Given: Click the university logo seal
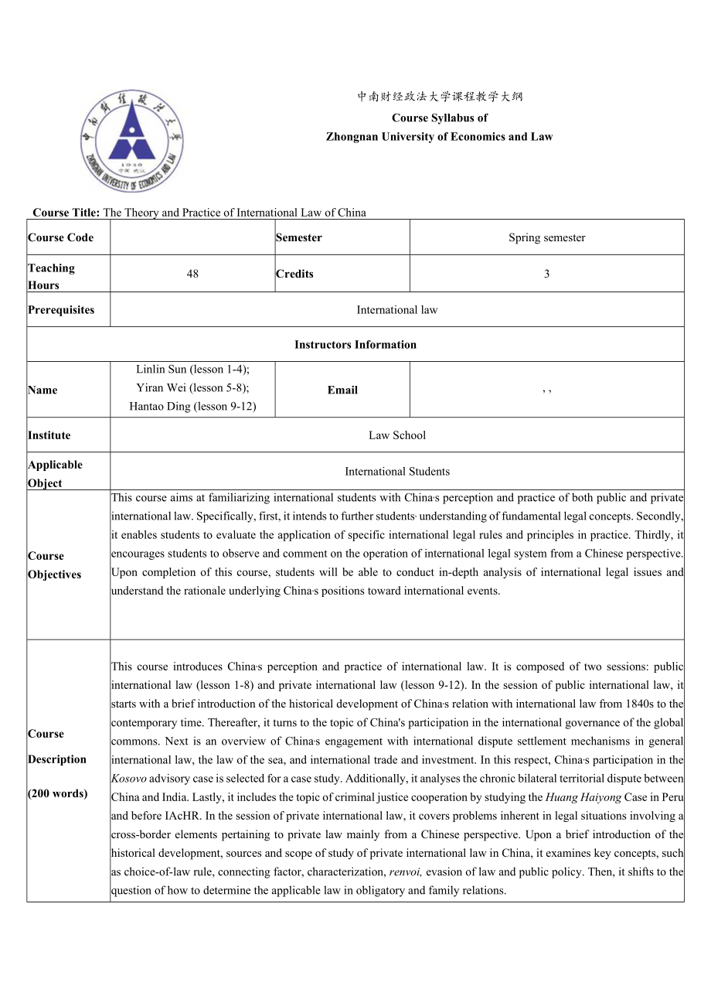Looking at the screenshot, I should pyautogui.click(x=131, y=141).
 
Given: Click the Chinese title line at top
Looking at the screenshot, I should pyautogui.click(x=439, y=97).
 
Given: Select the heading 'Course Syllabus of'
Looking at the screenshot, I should pyautogui.click(x=439, y=118).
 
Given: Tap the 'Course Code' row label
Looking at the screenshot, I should pyautogui.click(x=60, y=237).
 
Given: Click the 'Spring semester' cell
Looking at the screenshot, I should pyautogui.click(x=546, y=237).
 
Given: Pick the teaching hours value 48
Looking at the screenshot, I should pyautogui.click(x=192, y=274).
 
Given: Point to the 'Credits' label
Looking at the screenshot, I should pyautogui.click(x=294, y=274).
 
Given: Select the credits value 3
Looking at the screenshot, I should pyautogui.click(x=546, y=274).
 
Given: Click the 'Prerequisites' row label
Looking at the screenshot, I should pyautogui.click(x=61, y=309).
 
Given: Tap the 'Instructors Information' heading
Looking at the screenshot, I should pyautogui.click(x=355, y=344).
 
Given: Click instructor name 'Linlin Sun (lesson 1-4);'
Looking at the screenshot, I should pyautogui.click(x=192, y=370).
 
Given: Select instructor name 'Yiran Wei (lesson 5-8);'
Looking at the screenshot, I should pyautogui.click(x=192, y=388).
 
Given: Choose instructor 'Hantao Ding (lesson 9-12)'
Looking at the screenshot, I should pyautogui.click(x=192, y=407).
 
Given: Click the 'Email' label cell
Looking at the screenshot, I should pyautogui.click(x=342, y=390).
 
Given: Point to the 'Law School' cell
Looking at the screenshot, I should pyautogui.click(x=396, y=435).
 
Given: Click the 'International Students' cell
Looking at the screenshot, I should pyautogui.click(x=396, y=471).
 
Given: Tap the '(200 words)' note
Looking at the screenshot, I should pyautogui.click(x=57, y=793).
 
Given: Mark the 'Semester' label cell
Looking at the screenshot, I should pyautogui.click(x=299, y=237).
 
